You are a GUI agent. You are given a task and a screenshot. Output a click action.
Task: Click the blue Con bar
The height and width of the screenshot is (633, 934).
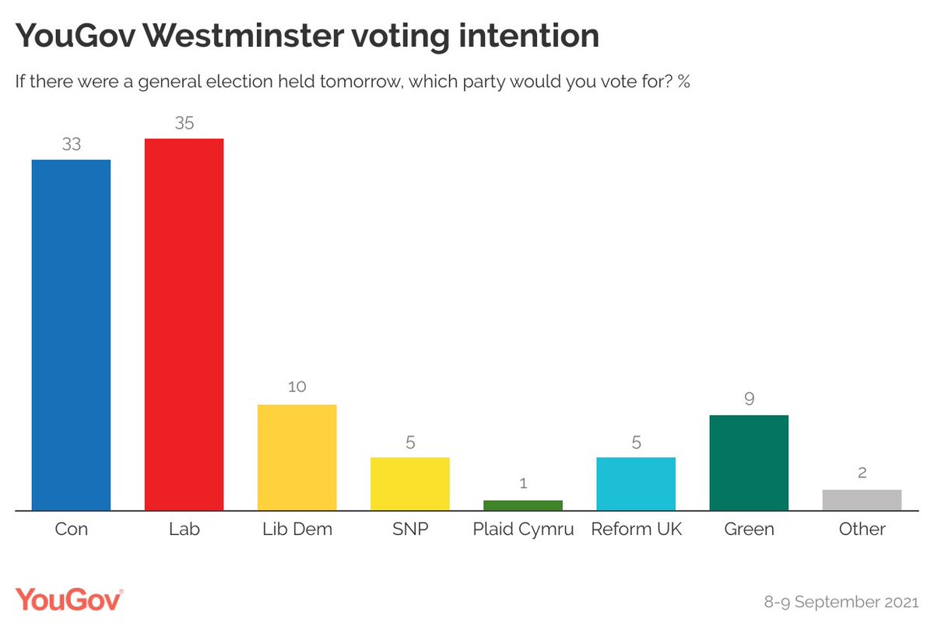(71, 335)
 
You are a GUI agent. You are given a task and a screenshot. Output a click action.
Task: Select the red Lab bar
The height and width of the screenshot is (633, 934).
(184, 325)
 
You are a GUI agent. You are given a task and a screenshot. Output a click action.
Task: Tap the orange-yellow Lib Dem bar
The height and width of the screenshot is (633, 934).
(297, 457)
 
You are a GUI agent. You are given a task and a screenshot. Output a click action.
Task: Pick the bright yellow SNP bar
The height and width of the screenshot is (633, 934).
(409, 484)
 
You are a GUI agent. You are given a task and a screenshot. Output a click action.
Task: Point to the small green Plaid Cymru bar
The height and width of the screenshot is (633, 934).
(522, 505)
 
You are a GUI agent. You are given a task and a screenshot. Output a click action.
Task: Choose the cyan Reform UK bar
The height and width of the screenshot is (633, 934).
(635, 484)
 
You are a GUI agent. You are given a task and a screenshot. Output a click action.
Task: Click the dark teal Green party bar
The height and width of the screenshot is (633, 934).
(749, 462)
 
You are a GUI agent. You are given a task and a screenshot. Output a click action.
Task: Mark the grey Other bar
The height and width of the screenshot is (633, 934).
(862, 500)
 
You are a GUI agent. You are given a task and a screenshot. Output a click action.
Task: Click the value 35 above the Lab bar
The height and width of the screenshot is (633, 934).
(184, 123)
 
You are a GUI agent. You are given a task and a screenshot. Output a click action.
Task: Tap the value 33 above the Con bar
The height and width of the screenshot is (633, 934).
(72, 144)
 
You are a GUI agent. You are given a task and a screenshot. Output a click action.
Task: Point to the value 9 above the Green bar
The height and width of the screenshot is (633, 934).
(749, 399)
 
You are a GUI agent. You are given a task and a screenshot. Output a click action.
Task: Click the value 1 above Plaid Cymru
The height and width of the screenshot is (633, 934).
(523, 484)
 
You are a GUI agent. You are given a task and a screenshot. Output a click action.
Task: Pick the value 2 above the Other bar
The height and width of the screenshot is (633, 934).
(862, 473)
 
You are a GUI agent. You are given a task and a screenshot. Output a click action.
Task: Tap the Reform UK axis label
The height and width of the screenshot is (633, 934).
(636, 529)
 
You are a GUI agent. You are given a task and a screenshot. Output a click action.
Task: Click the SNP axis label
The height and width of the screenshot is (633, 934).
(409, 529)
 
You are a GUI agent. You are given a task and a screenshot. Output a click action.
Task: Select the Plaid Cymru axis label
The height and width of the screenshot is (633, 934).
(523, 529)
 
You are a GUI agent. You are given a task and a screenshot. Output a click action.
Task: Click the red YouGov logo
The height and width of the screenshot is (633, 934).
(69, 600)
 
